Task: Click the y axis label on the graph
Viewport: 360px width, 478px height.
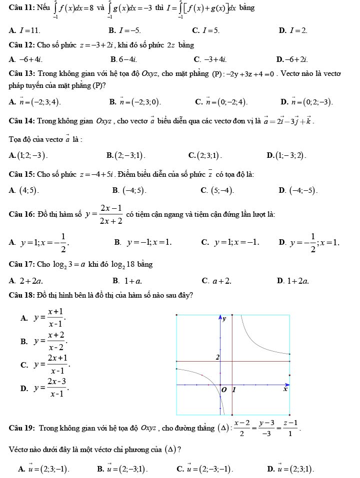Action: click(224, 319)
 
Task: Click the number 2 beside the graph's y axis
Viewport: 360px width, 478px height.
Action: click(217, 357)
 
